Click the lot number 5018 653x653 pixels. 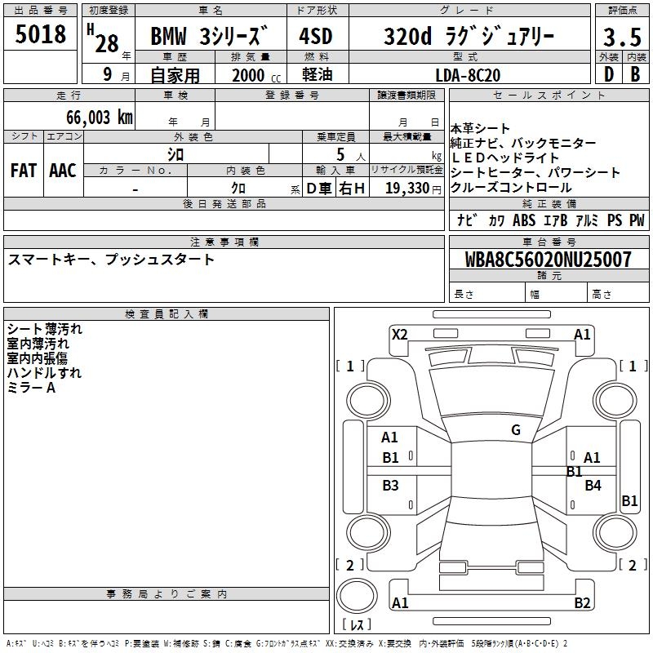[x=40, y=34]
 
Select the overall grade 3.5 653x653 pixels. [x=622, y=37]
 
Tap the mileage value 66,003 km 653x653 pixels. [x=100, y=118]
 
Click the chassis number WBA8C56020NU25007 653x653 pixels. [x=548, y=260]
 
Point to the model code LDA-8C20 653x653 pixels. [x=468, y=75]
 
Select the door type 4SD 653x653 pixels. [x=316, y=36]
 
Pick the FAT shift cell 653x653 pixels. [x=24, y=171]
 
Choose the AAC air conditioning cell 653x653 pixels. [x=63, y=171]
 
